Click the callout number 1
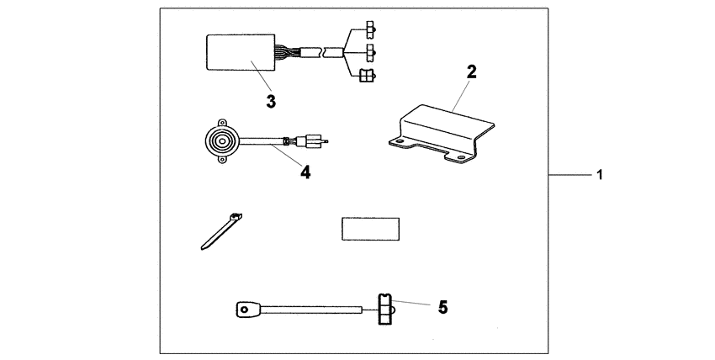599,176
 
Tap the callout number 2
471,72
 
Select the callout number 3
271,101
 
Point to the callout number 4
305,172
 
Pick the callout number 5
442,308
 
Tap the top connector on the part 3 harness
368,33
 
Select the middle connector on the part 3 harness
368,52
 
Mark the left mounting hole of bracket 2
393,142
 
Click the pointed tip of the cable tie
204,247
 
